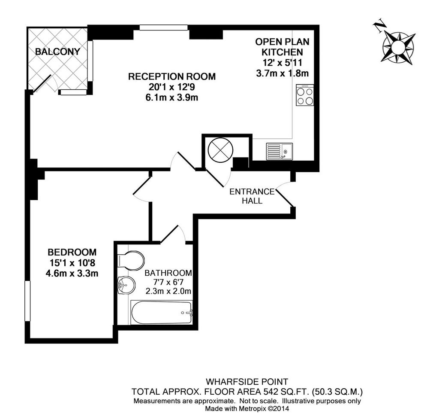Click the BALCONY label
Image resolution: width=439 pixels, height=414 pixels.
point(58,52)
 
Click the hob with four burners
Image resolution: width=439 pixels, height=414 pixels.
point(305,95)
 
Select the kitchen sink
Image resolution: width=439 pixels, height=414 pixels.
point(280,152)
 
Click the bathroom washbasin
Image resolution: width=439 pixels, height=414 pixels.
point(126,285)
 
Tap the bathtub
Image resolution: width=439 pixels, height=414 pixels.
point(162,313)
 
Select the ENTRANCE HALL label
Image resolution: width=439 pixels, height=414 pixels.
point(252,196)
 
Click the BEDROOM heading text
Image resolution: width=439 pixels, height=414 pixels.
point(72,252)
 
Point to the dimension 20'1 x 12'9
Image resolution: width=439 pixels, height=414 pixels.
point(172,87)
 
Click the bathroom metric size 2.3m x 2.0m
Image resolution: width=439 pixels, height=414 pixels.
point(168,291)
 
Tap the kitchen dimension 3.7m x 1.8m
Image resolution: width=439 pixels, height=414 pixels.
point(283,73)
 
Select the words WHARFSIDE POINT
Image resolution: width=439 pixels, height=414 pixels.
point(247,382)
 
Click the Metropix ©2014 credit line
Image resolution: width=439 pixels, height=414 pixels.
point(247,408)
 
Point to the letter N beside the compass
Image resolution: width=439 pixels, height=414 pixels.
point(380,26)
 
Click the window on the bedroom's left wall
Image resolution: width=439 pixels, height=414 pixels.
point(27,301)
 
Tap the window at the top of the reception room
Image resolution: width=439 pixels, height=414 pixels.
point(164,27)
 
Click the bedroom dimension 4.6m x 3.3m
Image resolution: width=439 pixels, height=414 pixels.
point(72,273)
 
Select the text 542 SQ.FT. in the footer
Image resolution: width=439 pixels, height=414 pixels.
point(287,391)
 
